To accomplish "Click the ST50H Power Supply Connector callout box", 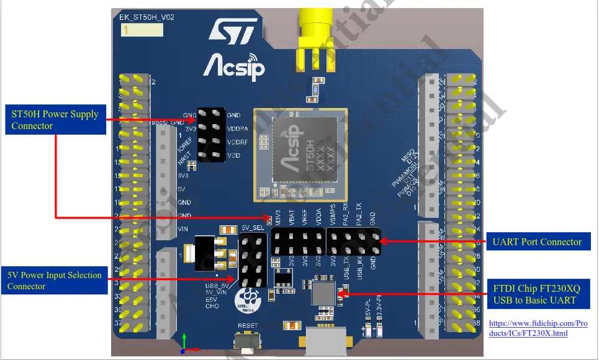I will [55, 120].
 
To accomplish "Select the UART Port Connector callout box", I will [538, 241].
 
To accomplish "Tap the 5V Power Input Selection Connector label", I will [55, 281].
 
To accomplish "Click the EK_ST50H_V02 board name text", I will [146, 18].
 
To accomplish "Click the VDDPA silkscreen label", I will [238, 129].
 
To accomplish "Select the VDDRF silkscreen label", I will [238, 142].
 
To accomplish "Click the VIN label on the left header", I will [184, 229].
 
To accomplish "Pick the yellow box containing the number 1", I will [142, 30].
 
